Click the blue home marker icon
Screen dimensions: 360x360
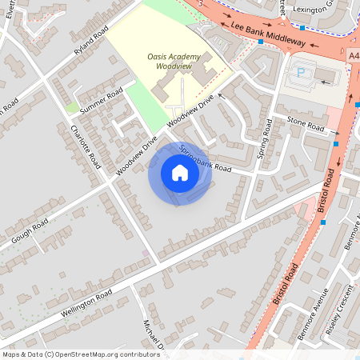(x=180, y=174)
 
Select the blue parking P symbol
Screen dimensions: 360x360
(x=301, y=71)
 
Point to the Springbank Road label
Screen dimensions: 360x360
(x=204, y=158)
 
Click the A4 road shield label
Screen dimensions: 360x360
(x=354, y=56)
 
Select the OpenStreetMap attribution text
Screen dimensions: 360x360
(x=81, y=354)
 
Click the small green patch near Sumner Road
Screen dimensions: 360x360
(x=73, y=107)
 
